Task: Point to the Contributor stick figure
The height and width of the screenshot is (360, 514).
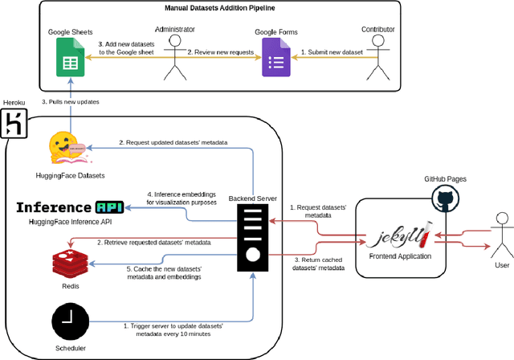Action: (x=378, y=60)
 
